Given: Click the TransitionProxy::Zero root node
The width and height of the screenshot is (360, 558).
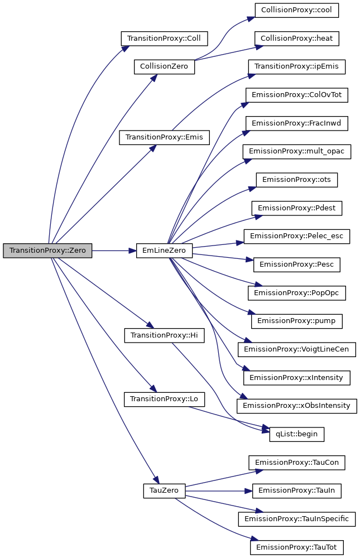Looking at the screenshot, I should coord(47,251).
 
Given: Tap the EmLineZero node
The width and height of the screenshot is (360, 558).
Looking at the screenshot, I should coord(165,251).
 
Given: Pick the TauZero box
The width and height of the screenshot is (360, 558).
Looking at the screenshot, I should coord(164,490).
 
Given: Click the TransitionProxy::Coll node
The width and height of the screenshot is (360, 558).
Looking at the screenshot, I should coord(164,39).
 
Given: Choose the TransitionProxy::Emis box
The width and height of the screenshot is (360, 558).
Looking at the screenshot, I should coord(164,137).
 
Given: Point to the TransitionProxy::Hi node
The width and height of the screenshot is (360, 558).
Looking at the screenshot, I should coord(164,335).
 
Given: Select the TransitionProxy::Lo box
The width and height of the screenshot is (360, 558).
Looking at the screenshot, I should coord(164,399).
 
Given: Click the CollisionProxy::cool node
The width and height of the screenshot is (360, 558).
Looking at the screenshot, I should coord(297,10).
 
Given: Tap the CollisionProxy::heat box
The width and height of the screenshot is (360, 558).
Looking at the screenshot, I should coord(297,39).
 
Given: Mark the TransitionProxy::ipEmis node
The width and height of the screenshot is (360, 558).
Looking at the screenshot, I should coord(297,67).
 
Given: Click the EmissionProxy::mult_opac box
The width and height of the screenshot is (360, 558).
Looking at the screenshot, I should coord(297,151).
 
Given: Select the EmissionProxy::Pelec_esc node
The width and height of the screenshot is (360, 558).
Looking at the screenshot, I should coord(297,236).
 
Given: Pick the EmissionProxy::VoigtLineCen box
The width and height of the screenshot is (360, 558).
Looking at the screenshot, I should coord(297,349).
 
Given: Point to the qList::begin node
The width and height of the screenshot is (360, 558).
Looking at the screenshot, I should coord(296,434).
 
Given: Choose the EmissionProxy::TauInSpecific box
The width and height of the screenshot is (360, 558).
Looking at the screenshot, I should coord(297,519).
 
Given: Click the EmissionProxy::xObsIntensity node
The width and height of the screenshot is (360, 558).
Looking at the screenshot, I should coord(297,406).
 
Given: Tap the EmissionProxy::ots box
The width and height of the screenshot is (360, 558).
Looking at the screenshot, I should coord(297,180).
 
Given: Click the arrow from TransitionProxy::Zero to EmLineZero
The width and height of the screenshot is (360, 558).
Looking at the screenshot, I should coord(114,251).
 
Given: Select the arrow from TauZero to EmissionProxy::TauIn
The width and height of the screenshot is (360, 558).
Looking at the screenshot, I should coord(218,490).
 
